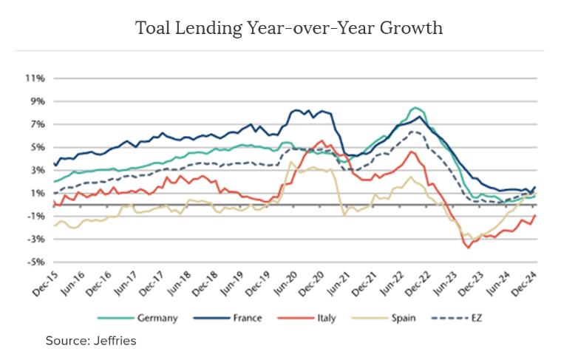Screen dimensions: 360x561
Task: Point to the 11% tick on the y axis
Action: [x=35, y=78]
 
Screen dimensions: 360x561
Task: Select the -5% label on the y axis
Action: [x=35, y=262]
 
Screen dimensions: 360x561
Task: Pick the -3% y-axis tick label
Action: [x=35, y=239]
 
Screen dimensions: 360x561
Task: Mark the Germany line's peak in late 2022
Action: [x=415, y=108]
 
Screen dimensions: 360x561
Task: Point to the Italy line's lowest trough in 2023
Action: [x=468, y=247]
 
